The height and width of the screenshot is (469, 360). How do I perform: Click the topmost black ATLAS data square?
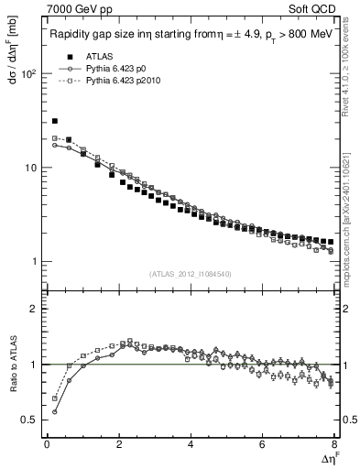55,121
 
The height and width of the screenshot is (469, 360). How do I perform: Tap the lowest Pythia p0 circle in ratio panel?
55,411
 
